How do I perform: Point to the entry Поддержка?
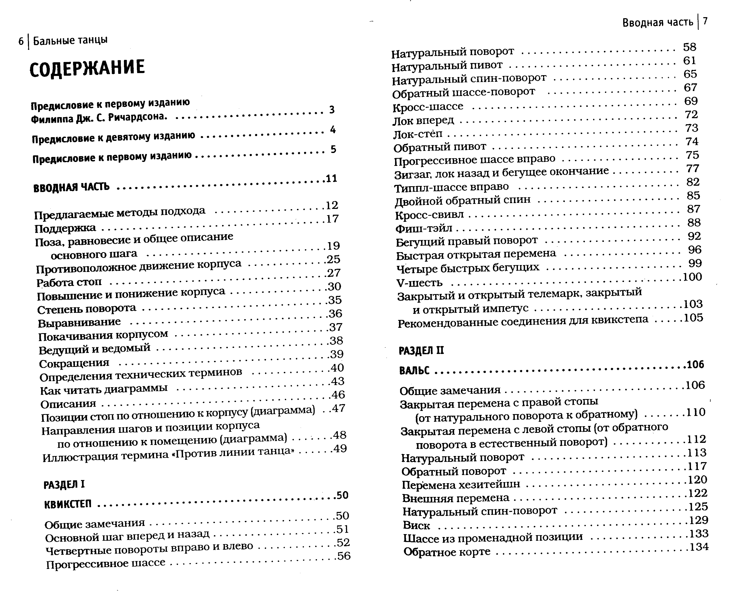point(65,228)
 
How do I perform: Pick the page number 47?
point(339,408)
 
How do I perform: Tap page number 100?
point(692,277)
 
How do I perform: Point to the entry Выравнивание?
point(79,322)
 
